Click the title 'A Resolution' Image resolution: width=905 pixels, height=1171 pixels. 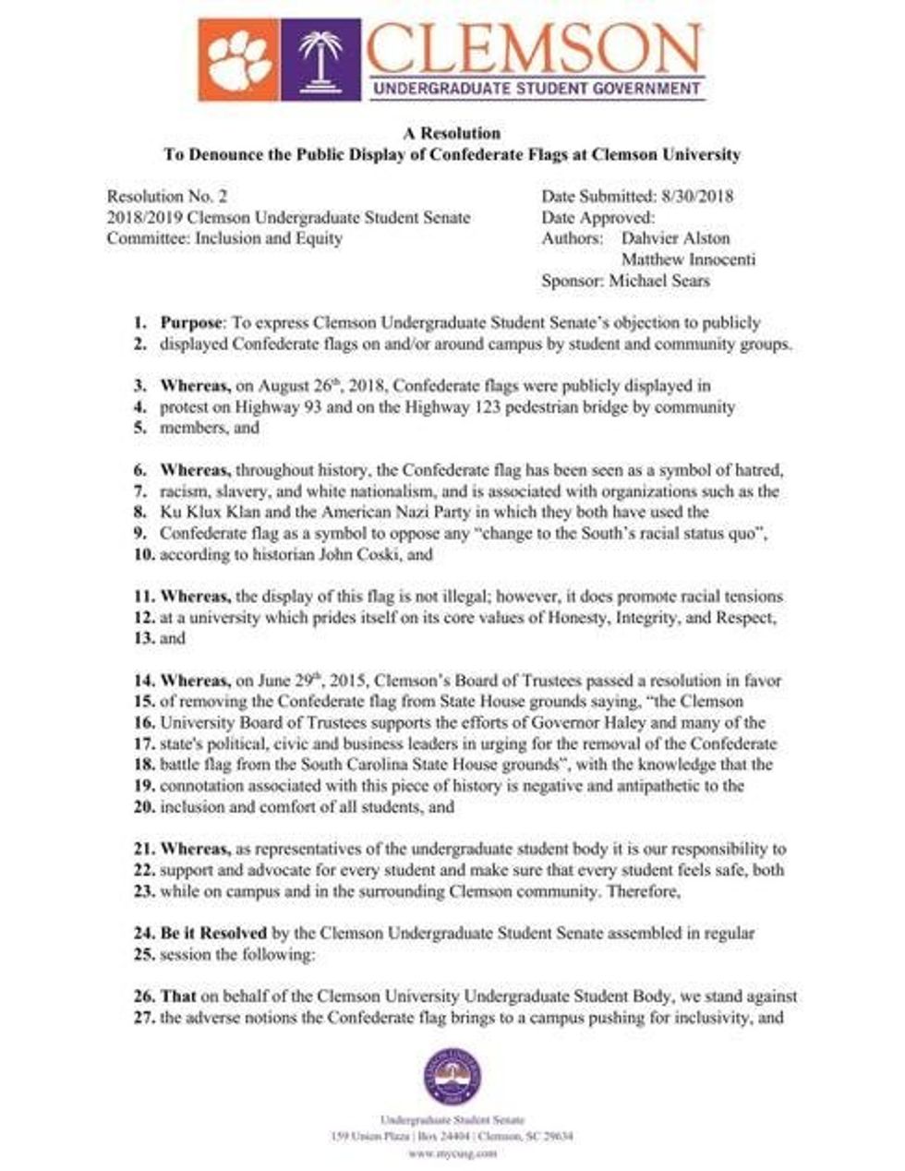(452, 133)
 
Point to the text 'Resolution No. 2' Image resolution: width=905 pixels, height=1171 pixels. (167, 196)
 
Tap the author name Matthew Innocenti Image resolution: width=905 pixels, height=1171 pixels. (688, 260)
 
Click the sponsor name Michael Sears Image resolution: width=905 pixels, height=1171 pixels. (659, 281)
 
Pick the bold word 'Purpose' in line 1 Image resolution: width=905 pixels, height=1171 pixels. (191, 323)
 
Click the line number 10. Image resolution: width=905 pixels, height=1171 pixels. (144, 555)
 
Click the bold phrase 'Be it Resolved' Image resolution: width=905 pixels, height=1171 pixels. (213, 934)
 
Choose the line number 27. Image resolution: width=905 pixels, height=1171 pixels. (144, 1019)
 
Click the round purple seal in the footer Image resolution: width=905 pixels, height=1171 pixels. (452, 1079)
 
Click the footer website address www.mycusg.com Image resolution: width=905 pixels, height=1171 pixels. (452, 1153)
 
